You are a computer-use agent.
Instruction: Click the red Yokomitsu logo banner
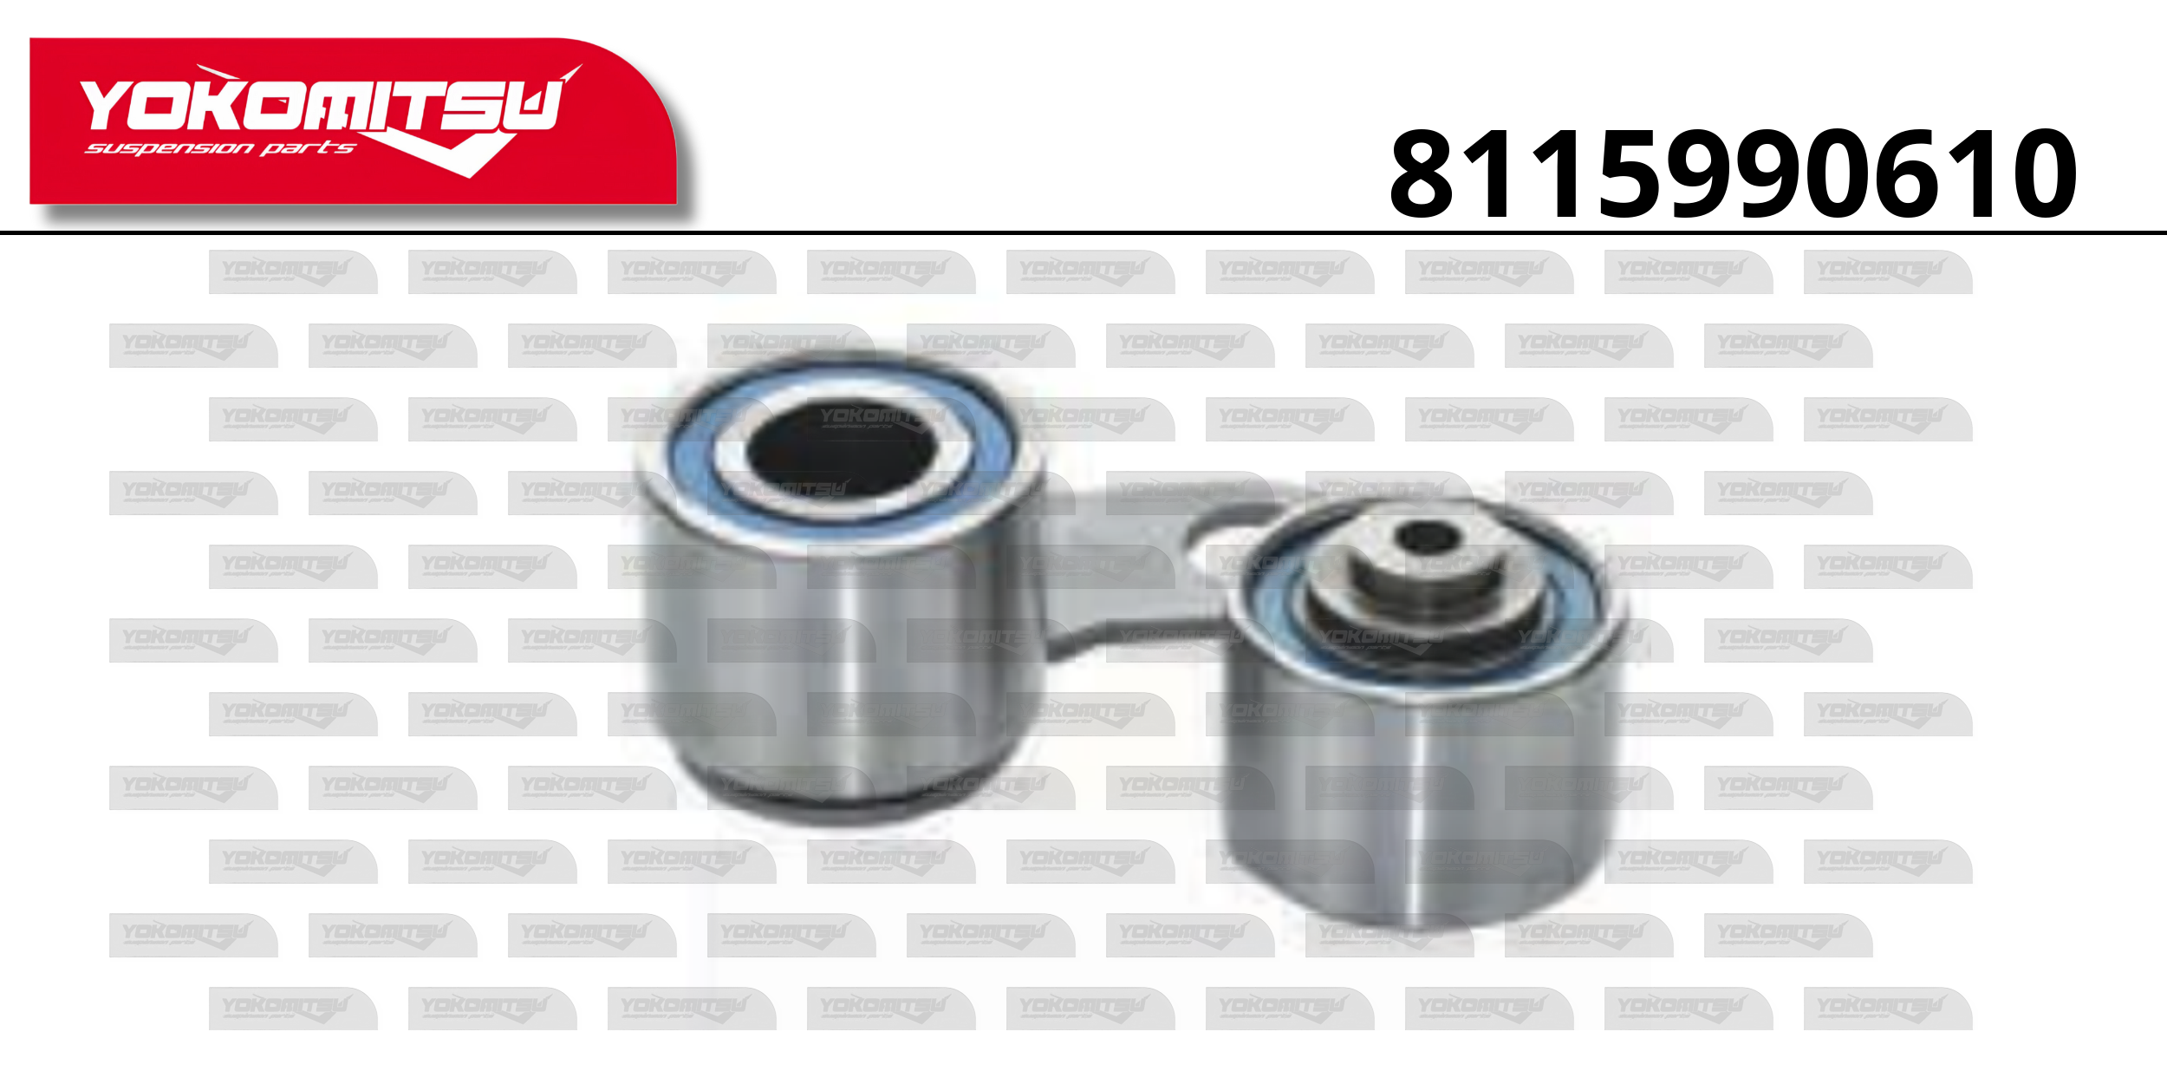[x=353, y=121]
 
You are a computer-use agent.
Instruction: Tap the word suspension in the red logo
[x=169, y=149]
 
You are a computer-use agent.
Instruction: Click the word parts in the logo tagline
[x=308, y=148]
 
